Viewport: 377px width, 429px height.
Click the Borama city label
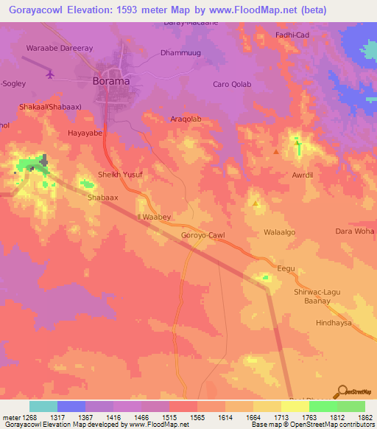point(110,80)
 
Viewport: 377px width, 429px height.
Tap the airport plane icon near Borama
point(50,74)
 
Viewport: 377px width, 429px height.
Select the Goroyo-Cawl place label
point(202,235)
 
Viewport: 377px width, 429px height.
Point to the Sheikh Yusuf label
point(119,175)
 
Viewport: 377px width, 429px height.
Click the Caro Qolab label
point(232,84)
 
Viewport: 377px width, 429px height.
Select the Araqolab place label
point(186,119)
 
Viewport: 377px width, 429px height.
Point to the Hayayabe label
point(85,133)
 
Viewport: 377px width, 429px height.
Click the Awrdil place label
point(303,175)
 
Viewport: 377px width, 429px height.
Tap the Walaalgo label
point(279,232)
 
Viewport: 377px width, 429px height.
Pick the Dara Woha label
point(355,231)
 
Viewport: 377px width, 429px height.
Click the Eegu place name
point(285,268)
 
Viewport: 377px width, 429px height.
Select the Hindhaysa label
point(334,323)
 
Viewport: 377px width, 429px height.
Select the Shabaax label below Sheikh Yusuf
point(102,198)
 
